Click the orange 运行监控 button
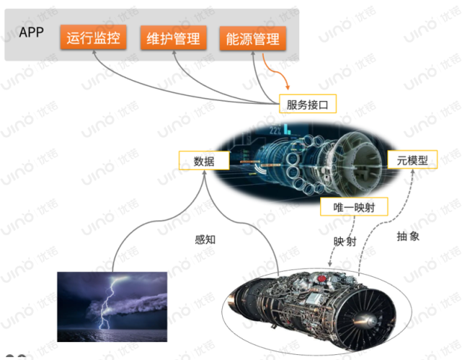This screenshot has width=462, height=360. (x=92, y=38)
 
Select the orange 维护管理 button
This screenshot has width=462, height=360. (x=173, y=38)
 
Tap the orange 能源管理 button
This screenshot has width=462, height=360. (x=253, y=38)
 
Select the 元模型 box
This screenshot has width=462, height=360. (x=412, y=160)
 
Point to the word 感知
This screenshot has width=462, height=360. (x=205, y=240)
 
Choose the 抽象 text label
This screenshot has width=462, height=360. (x=407, y=236)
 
